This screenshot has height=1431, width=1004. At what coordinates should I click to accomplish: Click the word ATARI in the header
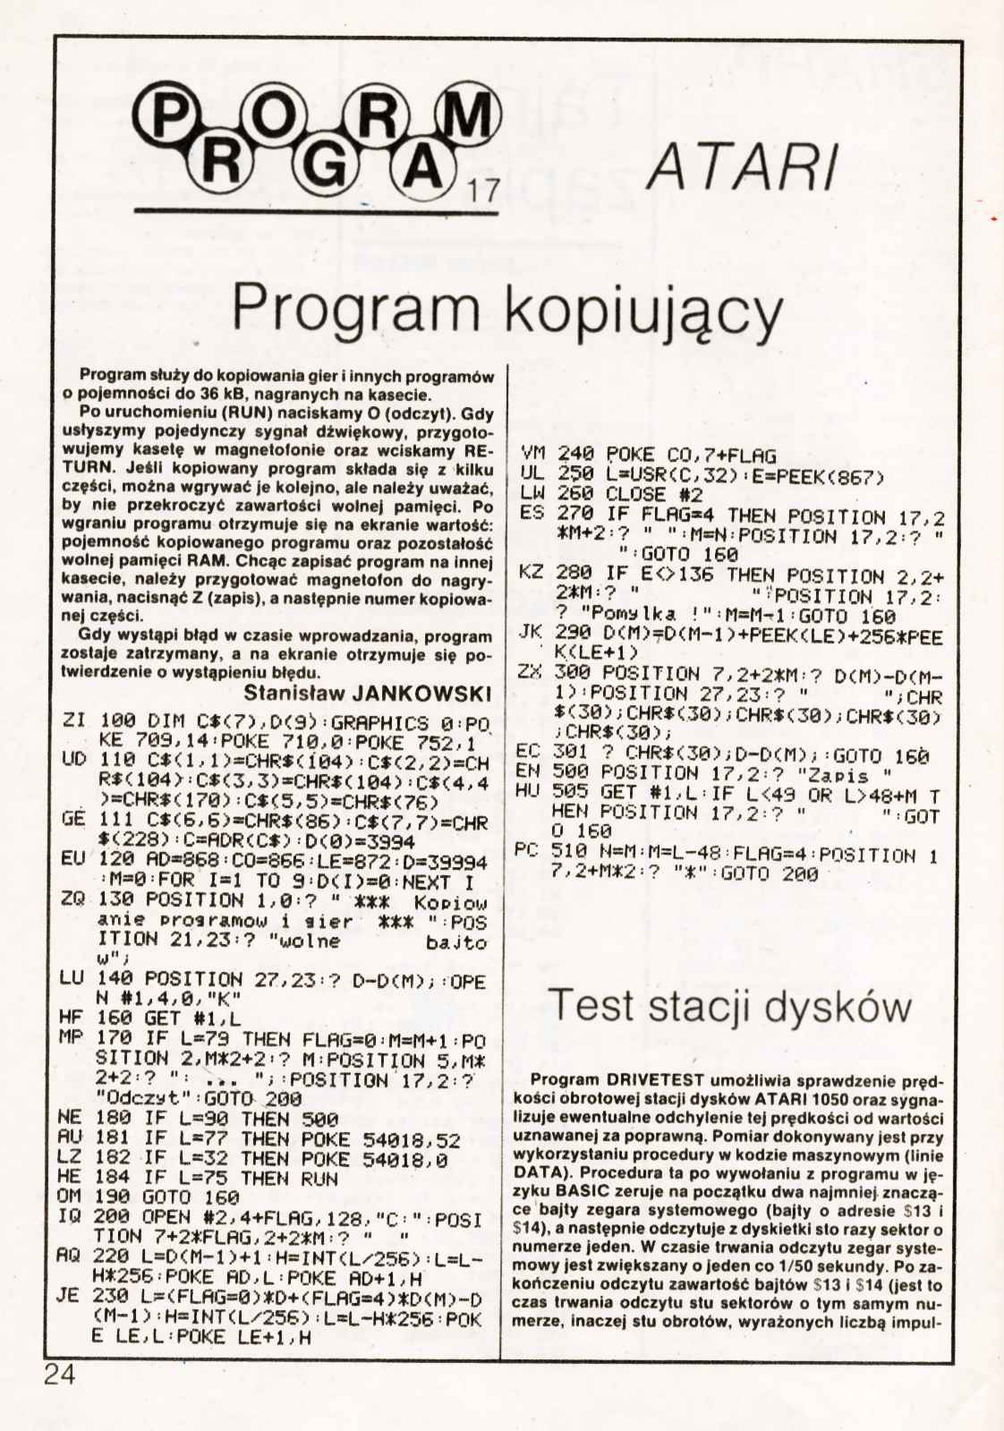[742, 167]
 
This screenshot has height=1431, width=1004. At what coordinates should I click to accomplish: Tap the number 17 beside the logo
[481, 191]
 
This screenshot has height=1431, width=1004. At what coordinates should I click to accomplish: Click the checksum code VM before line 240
[532, 455]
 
